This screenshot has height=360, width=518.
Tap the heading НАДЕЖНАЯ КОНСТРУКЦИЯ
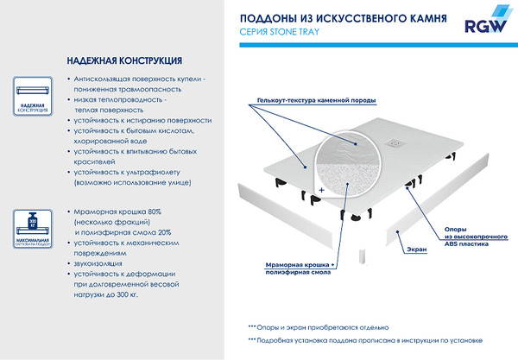[x=123, y=61]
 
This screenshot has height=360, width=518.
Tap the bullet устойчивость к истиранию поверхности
[x=142, y=120]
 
